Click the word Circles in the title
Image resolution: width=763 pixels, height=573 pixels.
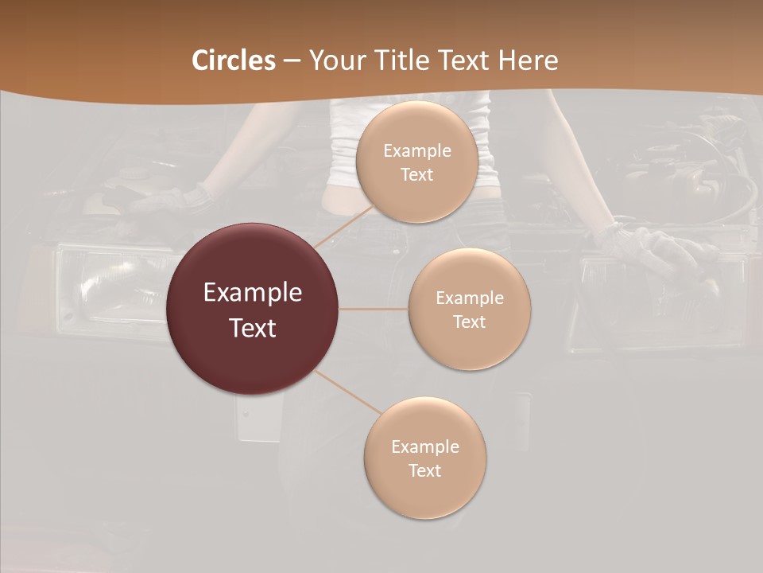tap(233, 60)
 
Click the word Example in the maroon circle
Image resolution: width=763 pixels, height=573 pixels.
tap(253, 293)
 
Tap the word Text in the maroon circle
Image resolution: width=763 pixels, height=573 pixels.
tap(253, 328)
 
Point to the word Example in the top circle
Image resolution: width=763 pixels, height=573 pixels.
tap(416, 151)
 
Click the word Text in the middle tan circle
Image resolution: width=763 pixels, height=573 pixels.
tap(469, 322)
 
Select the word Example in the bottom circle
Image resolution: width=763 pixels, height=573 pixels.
tap(424, 447)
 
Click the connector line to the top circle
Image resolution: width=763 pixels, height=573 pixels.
tap(343, 226)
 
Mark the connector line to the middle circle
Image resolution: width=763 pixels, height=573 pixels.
tap(374, 309)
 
